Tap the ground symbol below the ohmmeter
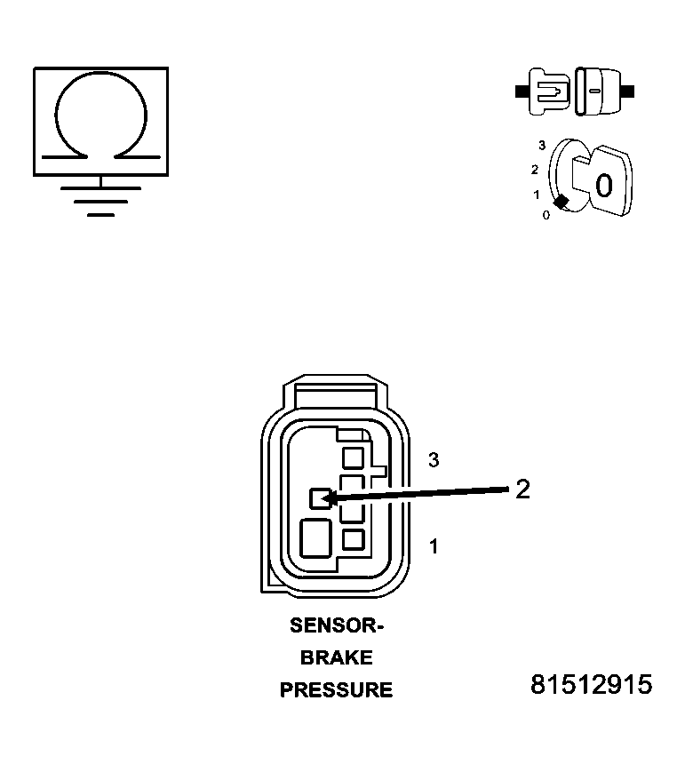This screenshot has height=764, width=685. click(x=101, y=201)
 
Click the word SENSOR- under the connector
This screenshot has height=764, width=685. click(x=337, y=625)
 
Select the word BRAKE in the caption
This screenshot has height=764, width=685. click(x=336, y=657)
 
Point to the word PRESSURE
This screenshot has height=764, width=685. click(x=336, y=690)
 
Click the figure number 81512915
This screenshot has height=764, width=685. click(x=591, y=685)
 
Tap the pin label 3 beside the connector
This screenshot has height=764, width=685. click(x=434, y=460)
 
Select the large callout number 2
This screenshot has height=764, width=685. click(x=522, y=489)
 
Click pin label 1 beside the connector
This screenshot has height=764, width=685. click(x=434, y=546)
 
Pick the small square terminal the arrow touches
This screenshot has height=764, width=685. click(x=321, y=498)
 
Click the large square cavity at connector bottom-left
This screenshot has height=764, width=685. click(x=316, y=538)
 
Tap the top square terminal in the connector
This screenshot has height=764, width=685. click(x=354, y=458)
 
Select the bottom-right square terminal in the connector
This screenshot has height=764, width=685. click(x=354, y=540)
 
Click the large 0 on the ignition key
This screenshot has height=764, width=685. click(x=604, y=186)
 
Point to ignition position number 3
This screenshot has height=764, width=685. click(x=542, y=145)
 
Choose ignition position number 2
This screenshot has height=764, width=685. click(x=535, y=170)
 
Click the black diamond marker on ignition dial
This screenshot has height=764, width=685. click(x=562, y=202)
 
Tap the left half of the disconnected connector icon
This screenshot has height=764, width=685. click(x=543, y=92)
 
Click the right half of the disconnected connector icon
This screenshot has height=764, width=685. click(x=603, y=92)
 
